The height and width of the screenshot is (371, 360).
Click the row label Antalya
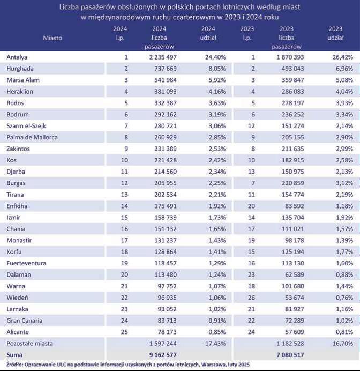(17, 57)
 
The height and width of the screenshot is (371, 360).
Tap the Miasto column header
(53, 38)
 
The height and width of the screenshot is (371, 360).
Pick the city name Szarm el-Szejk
(27, 125)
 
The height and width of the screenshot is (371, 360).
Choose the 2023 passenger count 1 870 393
(289, 57)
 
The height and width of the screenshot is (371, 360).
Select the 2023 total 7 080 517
(289, 354)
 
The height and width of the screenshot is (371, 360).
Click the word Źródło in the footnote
(14, 365)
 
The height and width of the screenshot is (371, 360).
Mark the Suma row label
(14, 354)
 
